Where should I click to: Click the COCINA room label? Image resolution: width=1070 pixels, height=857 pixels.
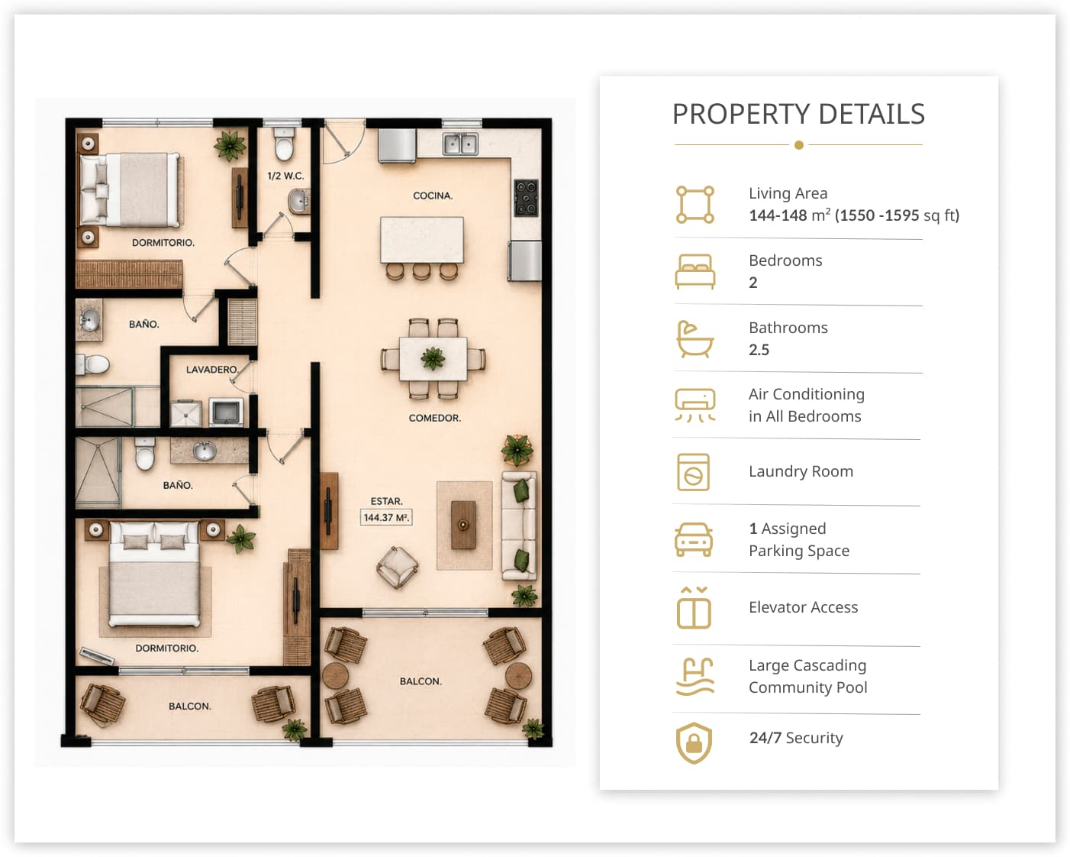433,196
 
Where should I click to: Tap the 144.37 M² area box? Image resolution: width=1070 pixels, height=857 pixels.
386,517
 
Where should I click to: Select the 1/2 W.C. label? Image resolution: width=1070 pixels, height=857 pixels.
285,176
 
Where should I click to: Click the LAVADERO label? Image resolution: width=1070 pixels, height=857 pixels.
212,369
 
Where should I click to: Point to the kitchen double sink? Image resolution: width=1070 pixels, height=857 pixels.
460,144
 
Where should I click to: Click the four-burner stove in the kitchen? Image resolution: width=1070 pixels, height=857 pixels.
526,198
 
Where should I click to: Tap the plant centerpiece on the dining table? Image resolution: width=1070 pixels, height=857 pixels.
433,358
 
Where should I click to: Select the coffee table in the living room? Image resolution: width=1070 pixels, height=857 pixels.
463,525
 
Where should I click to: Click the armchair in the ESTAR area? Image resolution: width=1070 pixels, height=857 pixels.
398,568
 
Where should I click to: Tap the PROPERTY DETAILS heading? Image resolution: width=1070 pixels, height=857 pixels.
798,114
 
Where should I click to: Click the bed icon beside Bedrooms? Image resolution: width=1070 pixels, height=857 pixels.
695,271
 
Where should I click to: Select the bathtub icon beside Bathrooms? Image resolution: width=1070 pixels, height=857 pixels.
695,339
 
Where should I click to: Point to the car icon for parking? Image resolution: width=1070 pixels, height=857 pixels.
694,539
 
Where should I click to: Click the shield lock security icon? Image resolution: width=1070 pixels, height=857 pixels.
694,742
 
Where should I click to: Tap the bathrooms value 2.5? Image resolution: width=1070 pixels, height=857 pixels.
759,350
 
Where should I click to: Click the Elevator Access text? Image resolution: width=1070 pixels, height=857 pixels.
803,607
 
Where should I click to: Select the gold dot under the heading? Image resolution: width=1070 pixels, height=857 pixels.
798,145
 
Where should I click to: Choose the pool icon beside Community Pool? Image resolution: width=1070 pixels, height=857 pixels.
695,676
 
